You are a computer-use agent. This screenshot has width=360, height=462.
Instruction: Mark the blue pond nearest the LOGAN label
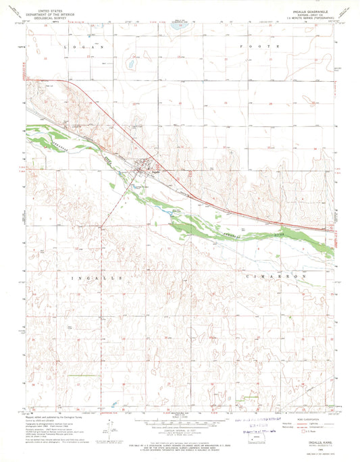[128, 66]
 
